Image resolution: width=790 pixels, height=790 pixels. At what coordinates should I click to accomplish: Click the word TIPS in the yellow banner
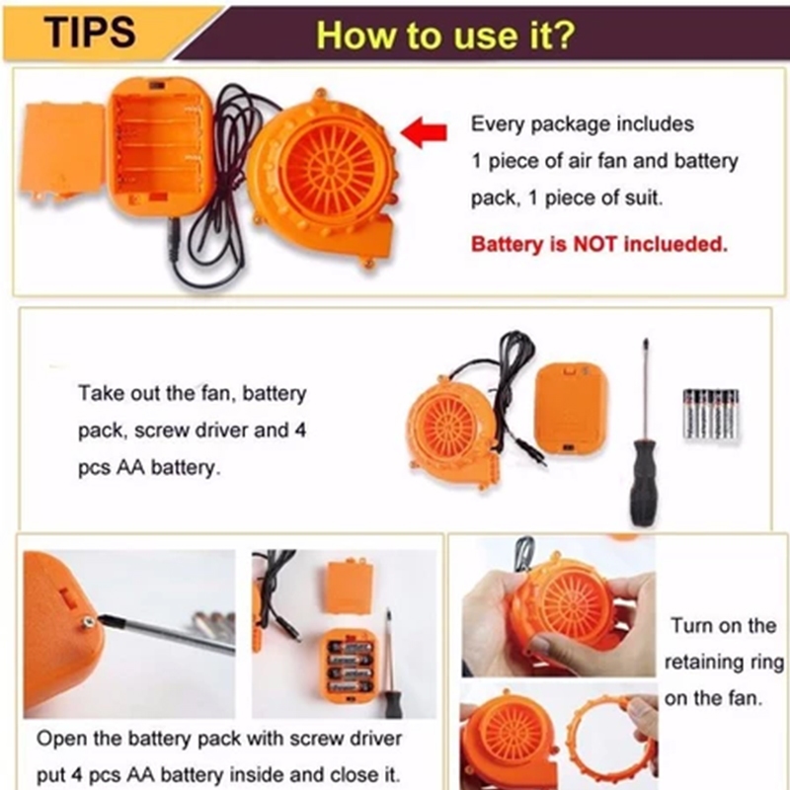[90, 33]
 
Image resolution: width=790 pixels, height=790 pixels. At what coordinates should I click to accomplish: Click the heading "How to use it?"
[445, 36]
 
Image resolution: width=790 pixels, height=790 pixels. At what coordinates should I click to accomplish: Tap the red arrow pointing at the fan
[424, 133]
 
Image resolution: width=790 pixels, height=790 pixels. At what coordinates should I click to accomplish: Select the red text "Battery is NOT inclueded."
[599, 244]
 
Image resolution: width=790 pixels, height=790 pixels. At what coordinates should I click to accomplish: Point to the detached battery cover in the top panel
[63, 152]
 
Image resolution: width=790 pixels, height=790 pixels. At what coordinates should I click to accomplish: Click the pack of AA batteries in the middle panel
[710, 413]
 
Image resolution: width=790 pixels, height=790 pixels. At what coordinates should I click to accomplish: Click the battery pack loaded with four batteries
[348, 665]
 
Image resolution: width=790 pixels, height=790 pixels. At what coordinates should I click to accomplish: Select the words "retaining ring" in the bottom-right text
[724, 662]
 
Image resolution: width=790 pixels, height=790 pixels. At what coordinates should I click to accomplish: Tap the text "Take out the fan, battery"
[192, 393]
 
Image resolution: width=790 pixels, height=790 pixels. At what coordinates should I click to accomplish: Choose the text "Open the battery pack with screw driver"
[219, 739]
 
